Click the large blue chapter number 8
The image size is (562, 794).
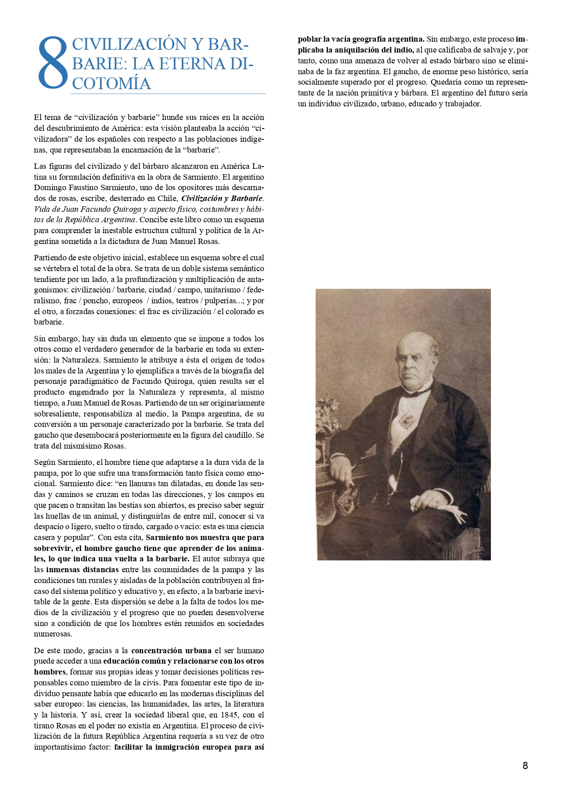tap(53, 63)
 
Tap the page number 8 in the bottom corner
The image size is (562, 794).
tap(525, 765)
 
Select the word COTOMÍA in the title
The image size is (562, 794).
tap(111, 83)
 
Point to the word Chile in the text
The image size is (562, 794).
tap(167, 198)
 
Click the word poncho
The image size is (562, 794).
tap(94, 301)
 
